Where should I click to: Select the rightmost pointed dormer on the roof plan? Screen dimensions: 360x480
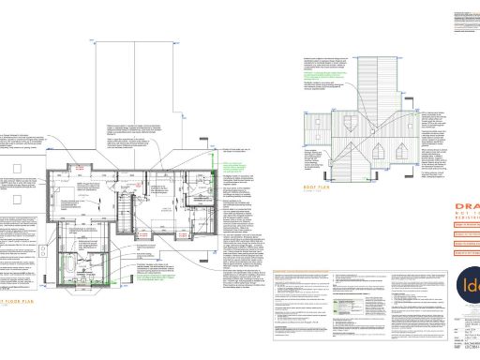click(x=406, y=148)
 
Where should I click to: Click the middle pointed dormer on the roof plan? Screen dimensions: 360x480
click(x=376, y=150)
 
